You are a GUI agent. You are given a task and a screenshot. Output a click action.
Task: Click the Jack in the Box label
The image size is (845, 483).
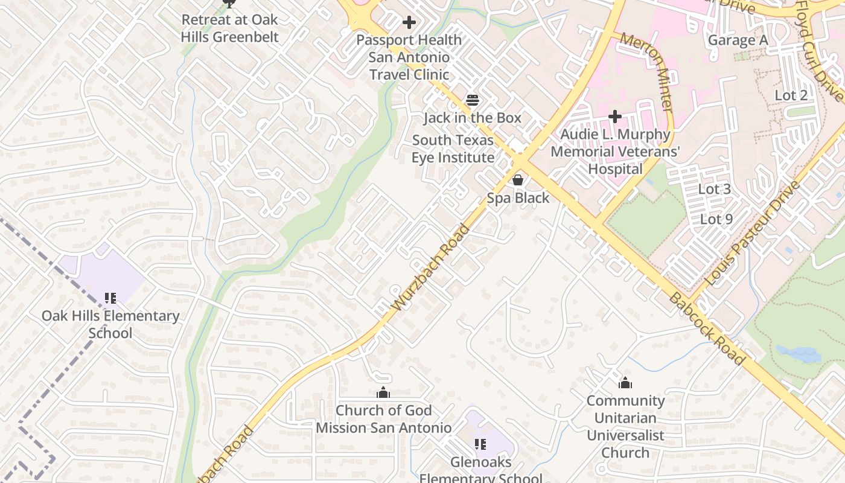(472, 118)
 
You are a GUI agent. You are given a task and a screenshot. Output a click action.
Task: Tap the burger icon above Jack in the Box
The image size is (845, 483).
(472, 100)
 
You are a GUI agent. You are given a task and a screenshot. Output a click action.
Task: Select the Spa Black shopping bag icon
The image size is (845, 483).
(518, 180)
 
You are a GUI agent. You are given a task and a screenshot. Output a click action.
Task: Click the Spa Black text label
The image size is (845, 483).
(518, 198)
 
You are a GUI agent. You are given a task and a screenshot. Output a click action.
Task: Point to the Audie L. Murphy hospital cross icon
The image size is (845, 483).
(615, 116)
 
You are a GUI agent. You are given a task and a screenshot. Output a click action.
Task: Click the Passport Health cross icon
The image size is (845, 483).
(409, 23)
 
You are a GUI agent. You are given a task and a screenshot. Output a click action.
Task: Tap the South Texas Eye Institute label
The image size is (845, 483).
(453, 149)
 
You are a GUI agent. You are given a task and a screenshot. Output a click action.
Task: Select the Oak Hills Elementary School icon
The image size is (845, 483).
(110, 298)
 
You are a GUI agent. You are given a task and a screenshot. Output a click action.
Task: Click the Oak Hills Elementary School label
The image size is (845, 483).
(110, 324)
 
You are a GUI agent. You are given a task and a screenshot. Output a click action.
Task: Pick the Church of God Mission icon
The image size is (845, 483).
(383, 394)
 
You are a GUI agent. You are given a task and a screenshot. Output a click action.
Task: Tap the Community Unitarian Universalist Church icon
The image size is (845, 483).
(625, 383)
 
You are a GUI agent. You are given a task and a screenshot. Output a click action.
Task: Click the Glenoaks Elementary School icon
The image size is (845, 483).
(480, 445)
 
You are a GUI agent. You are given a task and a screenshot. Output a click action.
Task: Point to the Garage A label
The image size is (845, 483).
(738, 40)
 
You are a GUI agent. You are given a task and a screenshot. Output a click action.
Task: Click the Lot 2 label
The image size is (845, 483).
(791, 95)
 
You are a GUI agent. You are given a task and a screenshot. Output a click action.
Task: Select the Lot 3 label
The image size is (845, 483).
(714, 189)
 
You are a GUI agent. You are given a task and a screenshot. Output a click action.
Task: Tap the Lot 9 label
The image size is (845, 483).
(716, 219)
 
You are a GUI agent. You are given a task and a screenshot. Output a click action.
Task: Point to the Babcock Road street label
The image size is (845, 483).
(707, 329)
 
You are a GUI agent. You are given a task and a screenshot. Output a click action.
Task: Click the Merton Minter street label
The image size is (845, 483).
(646, 72)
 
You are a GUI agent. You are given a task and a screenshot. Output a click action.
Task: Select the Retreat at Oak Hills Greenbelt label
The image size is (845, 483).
(230, 28)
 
